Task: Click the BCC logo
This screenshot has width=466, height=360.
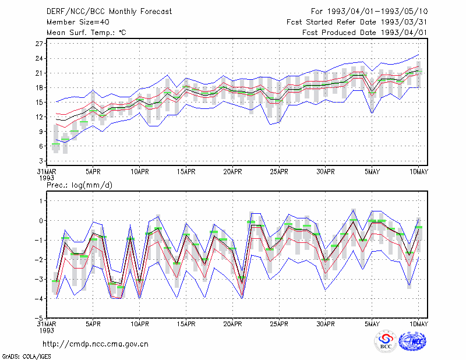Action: point(386,341)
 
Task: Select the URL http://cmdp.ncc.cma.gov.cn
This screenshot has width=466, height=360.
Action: point(96,344)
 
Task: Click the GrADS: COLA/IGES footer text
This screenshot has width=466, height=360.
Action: point(26,356)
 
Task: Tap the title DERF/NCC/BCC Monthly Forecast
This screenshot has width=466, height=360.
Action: point(109,12)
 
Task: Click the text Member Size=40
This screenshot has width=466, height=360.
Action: point(78,22)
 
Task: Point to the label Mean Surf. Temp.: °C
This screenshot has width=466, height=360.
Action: point(86,33)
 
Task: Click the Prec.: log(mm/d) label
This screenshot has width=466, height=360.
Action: point(79,185)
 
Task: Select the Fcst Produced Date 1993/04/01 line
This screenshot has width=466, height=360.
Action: point(365,33)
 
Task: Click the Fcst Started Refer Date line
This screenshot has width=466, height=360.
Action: point(357,22)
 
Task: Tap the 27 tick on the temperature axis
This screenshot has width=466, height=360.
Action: point(39,44)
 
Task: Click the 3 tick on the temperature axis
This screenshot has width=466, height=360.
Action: point(41,161)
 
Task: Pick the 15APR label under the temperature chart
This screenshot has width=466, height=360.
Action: point(186,172)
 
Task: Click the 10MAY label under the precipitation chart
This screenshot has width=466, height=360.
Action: point(419,324)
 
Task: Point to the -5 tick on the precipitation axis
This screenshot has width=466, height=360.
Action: point(39,318)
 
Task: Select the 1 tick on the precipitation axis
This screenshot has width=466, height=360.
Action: point(41,201)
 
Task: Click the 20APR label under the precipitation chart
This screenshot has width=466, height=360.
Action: point(232,324)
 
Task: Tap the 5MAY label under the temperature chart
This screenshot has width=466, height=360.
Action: point(372,172)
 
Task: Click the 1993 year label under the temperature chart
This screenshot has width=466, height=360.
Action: point(47,178)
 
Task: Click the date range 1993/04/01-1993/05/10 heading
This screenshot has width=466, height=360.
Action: point(377,12)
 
